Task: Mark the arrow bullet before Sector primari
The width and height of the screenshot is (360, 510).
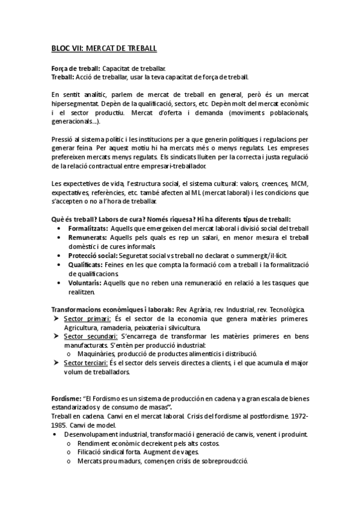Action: (x=55, y=319)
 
